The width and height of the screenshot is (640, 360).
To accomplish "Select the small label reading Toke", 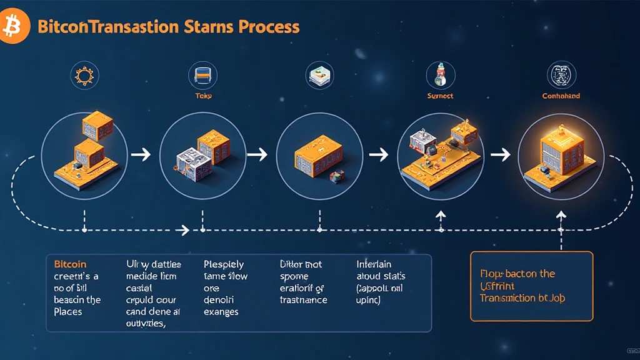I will pos(202,96).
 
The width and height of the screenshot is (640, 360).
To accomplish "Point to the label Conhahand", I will pos(561,96).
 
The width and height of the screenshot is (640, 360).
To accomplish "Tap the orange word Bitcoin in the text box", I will pos(70,264).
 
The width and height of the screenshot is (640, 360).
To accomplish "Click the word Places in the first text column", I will pos(67,311).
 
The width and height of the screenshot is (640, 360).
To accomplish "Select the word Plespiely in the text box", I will pos(224,264).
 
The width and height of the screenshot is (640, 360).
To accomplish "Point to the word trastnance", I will pos(303,299).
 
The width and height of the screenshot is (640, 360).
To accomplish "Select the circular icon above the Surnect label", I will pos(439,75).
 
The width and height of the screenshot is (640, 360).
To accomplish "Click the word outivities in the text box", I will pos(146,323).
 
